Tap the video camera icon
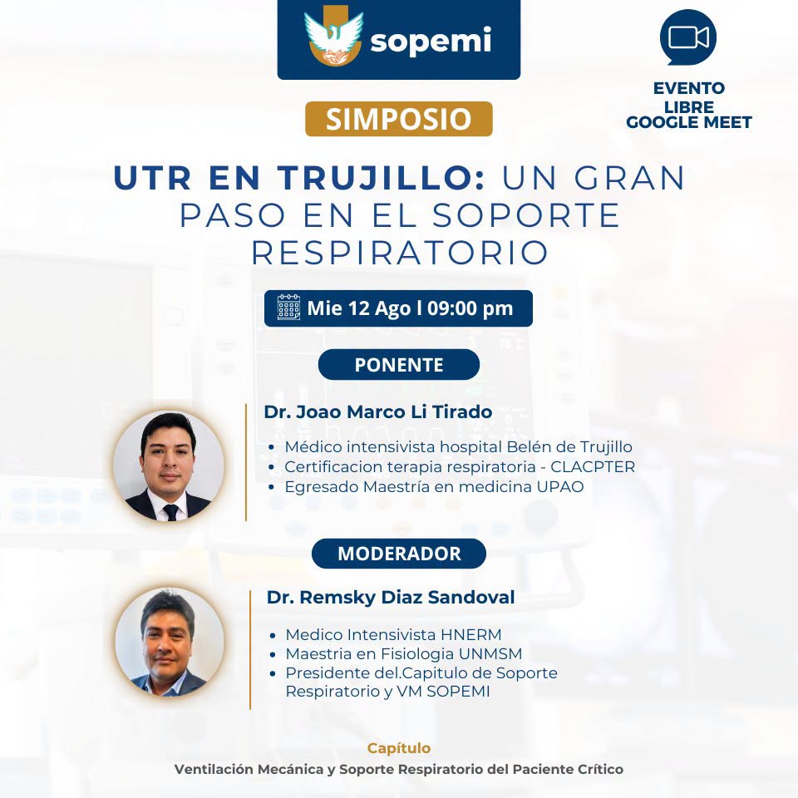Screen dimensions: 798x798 tap(688, 37)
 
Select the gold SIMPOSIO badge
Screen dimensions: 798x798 tap(398, 119)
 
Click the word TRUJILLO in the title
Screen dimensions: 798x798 tap(382, 178)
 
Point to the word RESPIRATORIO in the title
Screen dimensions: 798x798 tap(400, 253)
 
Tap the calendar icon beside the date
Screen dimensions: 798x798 tap(288, 308)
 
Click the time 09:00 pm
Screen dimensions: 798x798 tap(470, 308)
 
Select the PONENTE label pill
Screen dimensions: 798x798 tap(399, 364)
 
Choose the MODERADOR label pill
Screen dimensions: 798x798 tap(399, 554)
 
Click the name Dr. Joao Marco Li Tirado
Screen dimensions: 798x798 tap(378, 411)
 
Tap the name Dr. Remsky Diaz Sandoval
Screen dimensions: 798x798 tap(391, 597)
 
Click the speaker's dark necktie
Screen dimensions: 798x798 tap(171, 512)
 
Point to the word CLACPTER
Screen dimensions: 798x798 tap(593, 466)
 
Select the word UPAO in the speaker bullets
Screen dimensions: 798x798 tap(559, 486)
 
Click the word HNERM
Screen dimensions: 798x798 tap(471, 634)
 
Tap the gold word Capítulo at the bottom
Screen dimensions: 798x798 tap(399, 748)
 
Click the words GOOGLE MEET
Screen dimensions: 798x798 tap(689, 122)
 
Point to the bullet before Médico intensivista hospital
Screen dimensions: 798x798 tap(272, 447)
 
